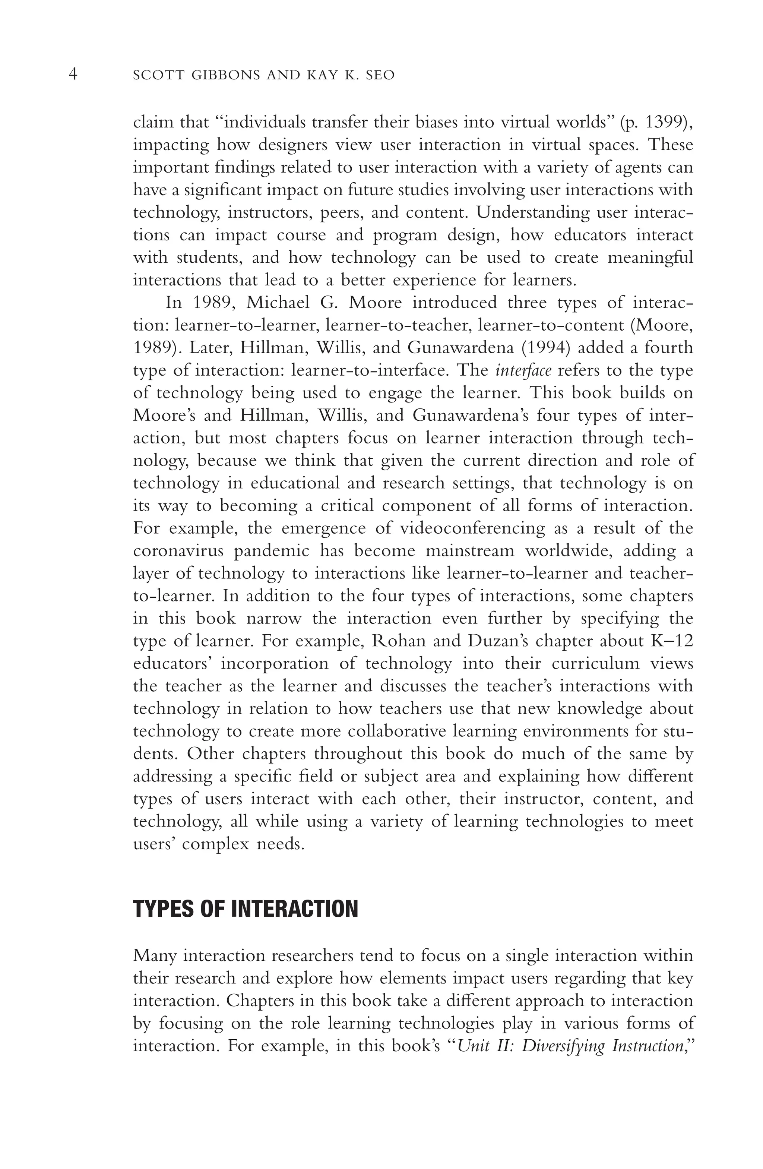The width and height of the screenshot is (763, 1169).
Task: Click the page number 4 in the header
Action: pos(73,75)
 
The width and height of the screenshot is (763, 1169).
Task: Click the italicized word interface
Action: pos(523,370)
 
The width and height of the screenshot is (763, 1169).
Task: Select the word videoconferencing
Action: pos(472,528)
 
